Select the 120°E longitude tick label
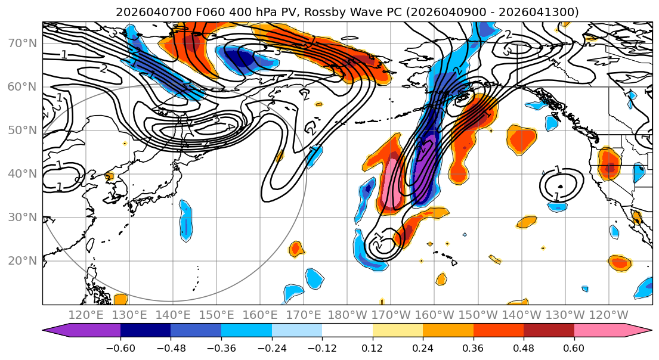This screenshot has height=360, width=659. click(86, 315)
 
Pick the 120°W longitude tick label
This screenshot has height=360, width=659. click(608, 315)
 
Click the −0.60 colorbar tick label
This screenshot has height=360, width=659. click(120, 347)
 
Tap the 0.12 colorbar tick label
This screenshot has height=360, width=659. click(373, 347)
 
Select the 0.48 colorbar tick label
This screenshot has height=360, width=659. click(524, 347)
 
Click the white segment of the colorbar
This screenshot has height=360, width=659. click(347, 331)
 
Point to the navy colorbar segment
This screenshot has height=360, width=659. click(146, 331)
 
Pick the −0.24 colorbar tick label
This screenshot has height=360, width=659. click(271, 347)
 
